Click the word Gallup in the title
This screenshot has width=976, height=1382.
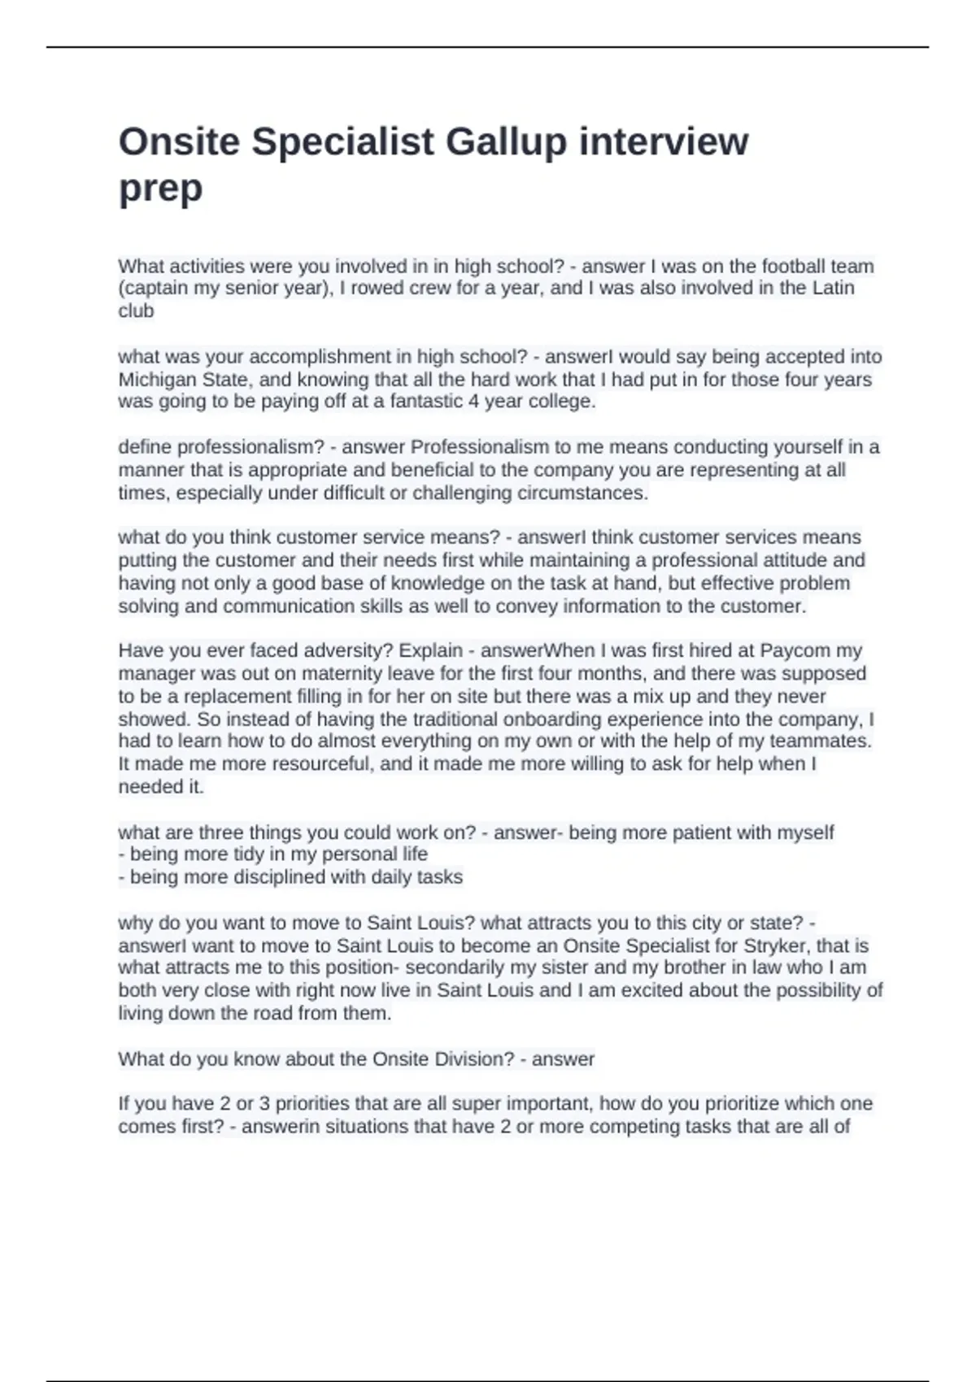click(505, 142)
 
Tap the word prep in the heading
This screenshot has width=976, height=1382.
click(160, 189)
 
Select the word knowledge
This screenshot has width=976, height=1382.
click(435, 583)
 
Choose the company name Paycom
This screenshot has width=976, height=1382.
click(795, 650)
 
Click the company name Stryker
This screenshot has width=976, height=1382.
click(777, 945)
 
